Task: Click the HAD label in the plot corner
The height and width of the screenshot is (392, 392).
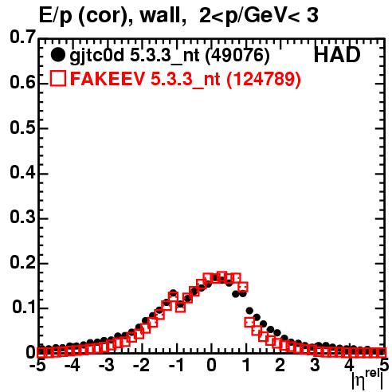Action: [x=337, y=55]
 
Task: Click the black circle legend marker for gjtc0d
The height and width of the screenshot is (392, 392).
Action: [x=57, y=55]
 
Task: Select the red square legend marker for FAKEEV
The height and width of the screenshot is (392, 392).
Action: [x=58, y=78]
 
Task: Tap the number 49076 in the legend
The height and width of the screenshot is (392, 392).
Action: [x=237, y=55]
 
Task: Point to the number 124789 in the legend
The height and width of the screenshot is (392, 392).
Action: [x=264, y=79]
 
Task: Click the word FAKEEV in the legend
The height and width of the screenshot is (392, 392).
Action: [x=108, y=79]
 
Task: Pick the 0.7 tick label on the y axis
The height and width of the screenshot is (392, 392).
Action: [x=22, y=37]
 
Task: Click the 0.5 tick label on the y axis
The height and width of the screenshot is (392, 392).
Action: [x=22, y=127]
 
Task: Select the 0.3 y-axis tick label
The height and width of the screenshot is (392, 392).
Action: [x=22, y=218]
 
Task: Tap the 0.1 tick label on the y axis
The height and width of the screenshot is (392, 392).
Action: [x=24, y=307]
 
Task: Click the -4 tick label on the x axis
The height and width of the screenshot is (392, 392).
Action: [x=72, y=365]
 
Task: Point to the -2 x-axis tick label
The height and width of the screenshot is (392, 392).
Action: [x=141, y=365]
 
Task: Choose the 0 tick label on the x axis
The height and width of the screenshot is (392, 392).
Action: [x=211, y=365]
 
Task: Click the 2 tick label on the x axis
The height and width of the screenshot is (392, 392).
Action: [x=280, y=365]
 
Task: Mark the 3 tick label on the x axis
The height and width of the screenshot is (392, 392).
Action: [x=315, y=365]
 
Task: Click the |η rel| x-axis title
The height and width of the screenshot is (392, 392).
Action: [x=367, y=380]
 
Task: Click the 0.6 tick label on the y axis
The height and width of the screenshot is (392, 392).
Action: [x=22, y=82]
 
